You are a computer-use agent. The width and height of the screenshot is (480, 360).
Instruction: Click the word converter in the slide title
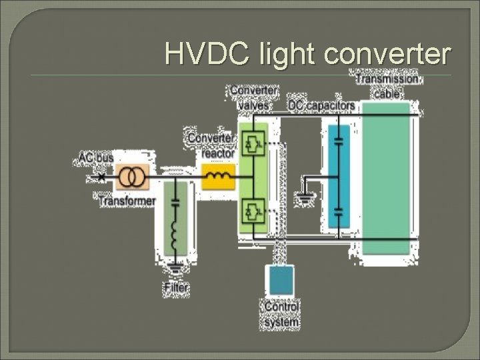click(x=387, y=54)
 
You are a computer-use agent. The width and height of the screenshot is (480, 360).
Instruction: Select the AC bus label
click(x=96, y=158)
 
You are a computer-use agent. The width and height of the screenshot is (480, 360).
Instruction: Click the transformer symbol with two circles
click(x=132, y=177)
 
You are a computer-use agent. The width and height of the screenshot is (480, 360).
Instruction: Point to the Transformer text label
click(x=127, y=200)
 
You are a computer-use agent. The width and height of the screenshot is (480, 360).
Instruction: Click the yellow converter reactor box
click(x=219, y=177)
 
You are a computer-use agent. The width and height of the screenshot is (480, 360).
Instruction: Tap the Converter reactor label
click(x=211, y=145)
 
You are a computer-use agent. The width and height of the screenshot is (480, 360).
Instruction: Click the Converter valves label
click(x=254, y=98)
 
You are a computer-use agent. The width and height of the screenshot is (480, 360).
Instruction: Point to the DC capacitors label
click(x=321, y=106)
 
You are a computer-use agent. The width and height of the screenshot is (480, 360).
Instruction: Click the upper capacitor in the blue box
click(x=339, y=141)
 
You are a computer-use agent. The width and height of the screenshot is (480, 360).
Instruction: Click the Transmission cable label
click(x=387, y=86)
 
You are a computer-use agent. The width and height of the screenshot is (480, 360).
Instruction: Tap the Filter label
click(x=176, y=288)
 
